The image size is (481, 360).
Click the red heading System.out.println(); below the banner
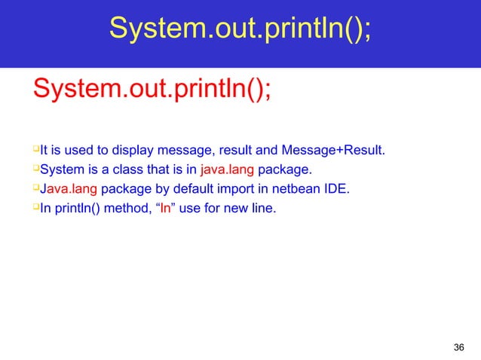[151, 93]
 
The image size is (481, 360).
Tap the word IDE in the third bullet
[336, 188]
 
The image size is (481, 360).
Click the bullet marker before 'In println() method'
[35, 206]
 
